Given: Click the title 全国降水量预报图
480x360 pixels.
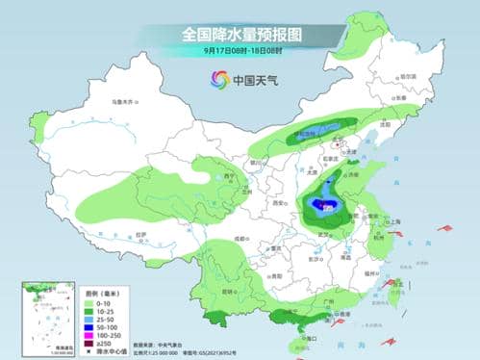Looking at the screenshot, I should point(240,33).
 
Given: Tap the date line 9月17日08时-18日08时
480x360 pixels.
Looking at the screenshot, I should point(240,50).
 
